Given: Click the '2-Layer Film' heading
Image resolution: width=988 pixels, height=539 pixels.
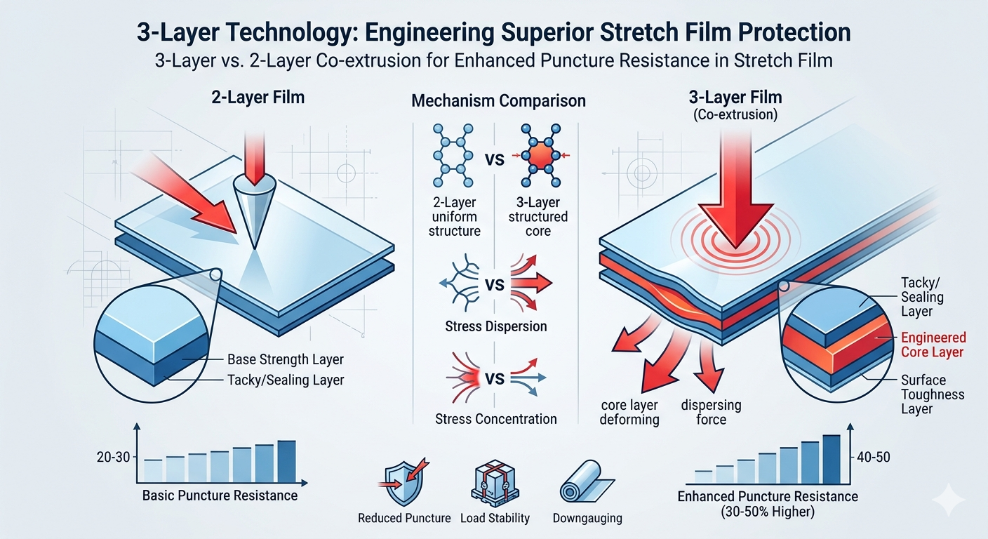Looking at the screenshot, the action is point(258,98).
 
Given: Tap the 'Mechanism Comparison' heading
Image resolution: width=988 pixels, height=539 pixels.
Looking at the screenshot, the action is point(498,101).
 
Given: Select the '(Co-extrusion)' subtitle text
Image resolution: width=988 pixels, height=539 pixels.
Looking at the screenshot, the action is point(735,115).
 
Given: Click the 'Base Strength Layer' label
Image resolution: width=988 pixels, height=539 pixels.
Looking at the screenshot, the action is point(286,359).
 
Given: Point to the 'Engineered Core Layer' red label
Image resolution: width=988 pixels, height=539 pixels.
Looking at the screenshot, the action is point(933,345).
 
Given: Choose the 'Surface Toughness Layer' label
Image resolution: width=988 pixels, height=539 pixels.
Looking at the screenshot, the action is point(933,394).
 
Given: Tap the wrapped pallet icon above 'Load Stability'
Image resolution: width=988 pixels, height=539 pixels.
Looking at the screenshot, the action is point(495,484).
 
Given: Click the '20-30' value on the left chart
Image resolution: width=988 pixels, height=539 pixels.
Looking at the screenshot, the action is point(114,458).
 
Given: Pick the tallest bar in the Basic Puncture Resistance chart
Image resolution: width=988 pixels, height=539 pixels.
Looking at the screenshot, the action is point(286,461).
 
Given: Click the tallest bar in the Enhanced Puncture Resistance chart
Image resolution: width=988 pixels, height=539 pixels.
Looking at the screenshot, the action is point(832,460).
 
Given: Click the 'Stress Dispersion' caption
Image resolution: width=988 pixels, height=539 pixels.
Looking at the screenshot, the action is point(496,326).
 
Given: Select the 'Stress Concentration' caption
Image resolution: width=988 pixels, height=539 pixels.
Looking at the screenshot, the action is point(496,418).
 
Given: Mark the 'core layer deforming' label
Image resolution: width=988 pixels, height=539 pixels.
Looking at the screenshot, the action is point(629,412).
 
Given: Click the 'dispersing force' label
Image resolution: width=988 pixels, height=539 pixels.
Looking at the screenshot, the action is point(711,412).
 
